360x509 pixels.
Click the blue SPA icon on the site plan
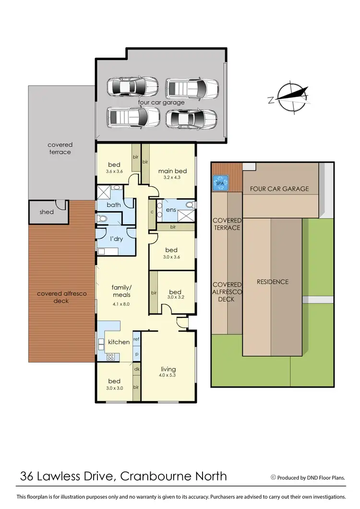pos(219,183)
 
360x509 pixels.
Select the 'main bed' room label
pos(172,171)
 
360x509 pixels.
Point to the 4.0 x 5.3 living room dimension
pos(169,375)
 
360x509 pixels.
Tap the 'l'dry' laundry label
pos(115,239)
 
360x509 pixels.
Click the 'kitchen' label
pos(119,342)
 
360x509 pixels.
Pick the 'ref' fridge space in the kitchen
pos(136,338)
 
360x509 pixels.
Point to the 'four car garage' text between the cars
pos(161,102)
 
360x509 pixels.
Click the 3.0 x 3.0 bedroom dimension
pos(114,388)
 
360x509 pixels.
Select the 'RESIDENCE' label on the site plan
pos(272,281)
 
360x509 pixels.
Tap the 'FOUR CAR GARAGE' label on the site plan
pos(279,189)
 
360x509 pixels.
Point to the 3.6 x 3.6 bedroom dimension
pos(114,171)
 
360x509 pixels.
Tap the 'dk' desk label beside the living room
pos(136,369)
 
